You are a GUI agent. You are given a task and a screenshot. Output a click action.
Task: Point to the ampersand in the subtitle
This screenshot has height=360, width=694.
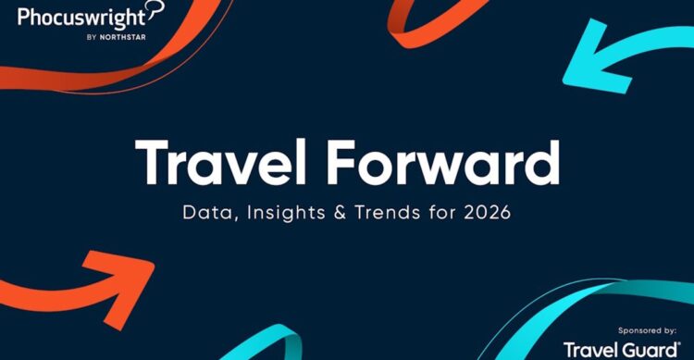click(338, 211)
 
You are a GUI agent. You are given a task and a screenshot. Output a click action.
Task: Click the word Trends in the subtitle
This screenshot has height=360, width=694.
click(387, 211)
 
